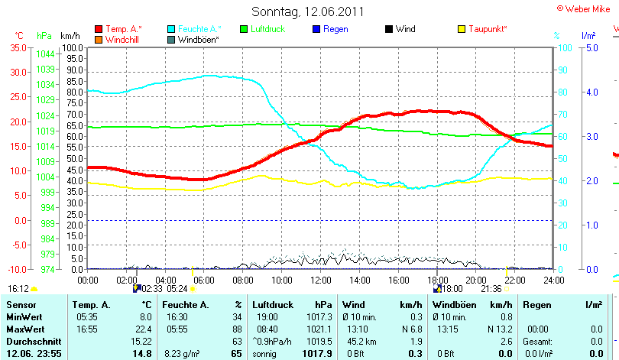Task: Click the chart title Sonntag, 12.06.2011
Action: coord(307,11)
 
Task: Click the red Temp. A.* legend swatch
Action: coord(99,29)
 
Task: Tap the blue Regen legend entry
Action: coord(335,29)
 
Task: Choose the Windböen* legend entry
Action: coord(198,39)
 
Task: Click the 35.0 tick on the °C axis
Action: coord(18,47)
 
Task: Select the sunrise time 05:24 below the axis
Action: coord(177,289)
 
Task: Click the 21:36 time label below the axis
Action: coord(491,289)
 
